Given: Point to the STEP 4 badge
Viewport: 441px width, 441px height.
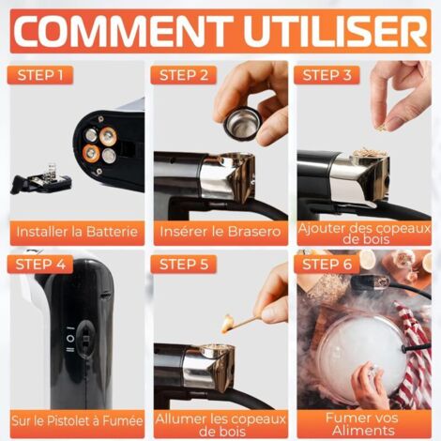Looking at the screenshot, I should click(39, 264).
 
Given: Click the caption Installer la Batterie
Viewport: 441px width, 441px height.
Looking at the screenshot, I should click(79, 231).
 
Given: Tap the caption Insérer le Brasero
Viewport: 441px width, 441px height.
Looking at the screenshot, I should click(220, 231).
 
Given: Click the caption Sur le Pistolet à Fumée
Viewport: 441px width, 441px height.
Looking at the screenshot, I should click(79, 420).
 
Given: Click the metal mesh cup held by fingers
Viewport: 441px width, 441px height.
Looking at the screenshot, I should click(244, 122).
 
